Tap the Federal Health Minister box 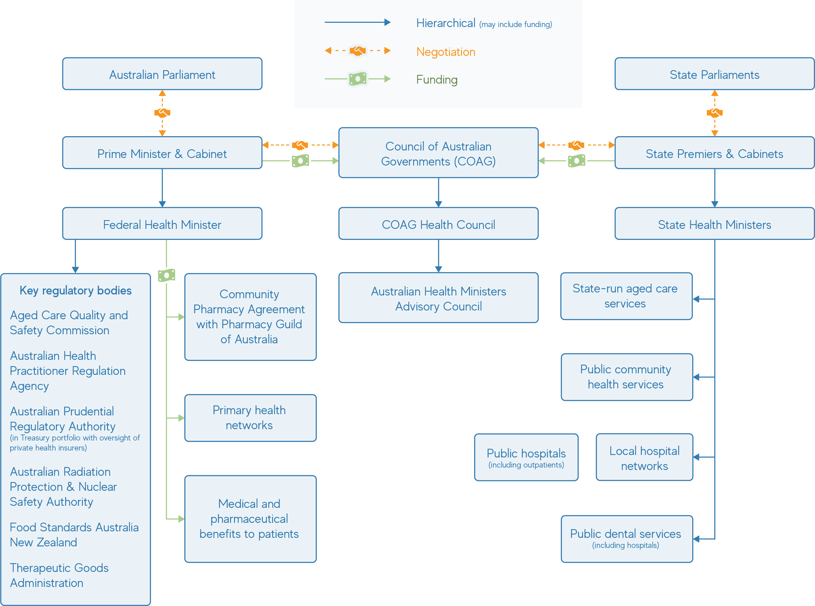162,224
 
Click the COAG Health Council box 438,224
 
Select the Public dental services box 626,538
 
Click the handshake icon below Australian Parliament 162,113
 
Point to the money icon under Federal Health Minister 167,275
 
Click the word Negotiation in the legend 445,52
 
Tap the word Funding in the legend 437,80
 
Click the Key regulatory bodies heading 76,290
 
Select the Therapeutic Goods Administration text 59,575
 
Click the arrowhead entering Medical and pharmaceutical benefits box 181,519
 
